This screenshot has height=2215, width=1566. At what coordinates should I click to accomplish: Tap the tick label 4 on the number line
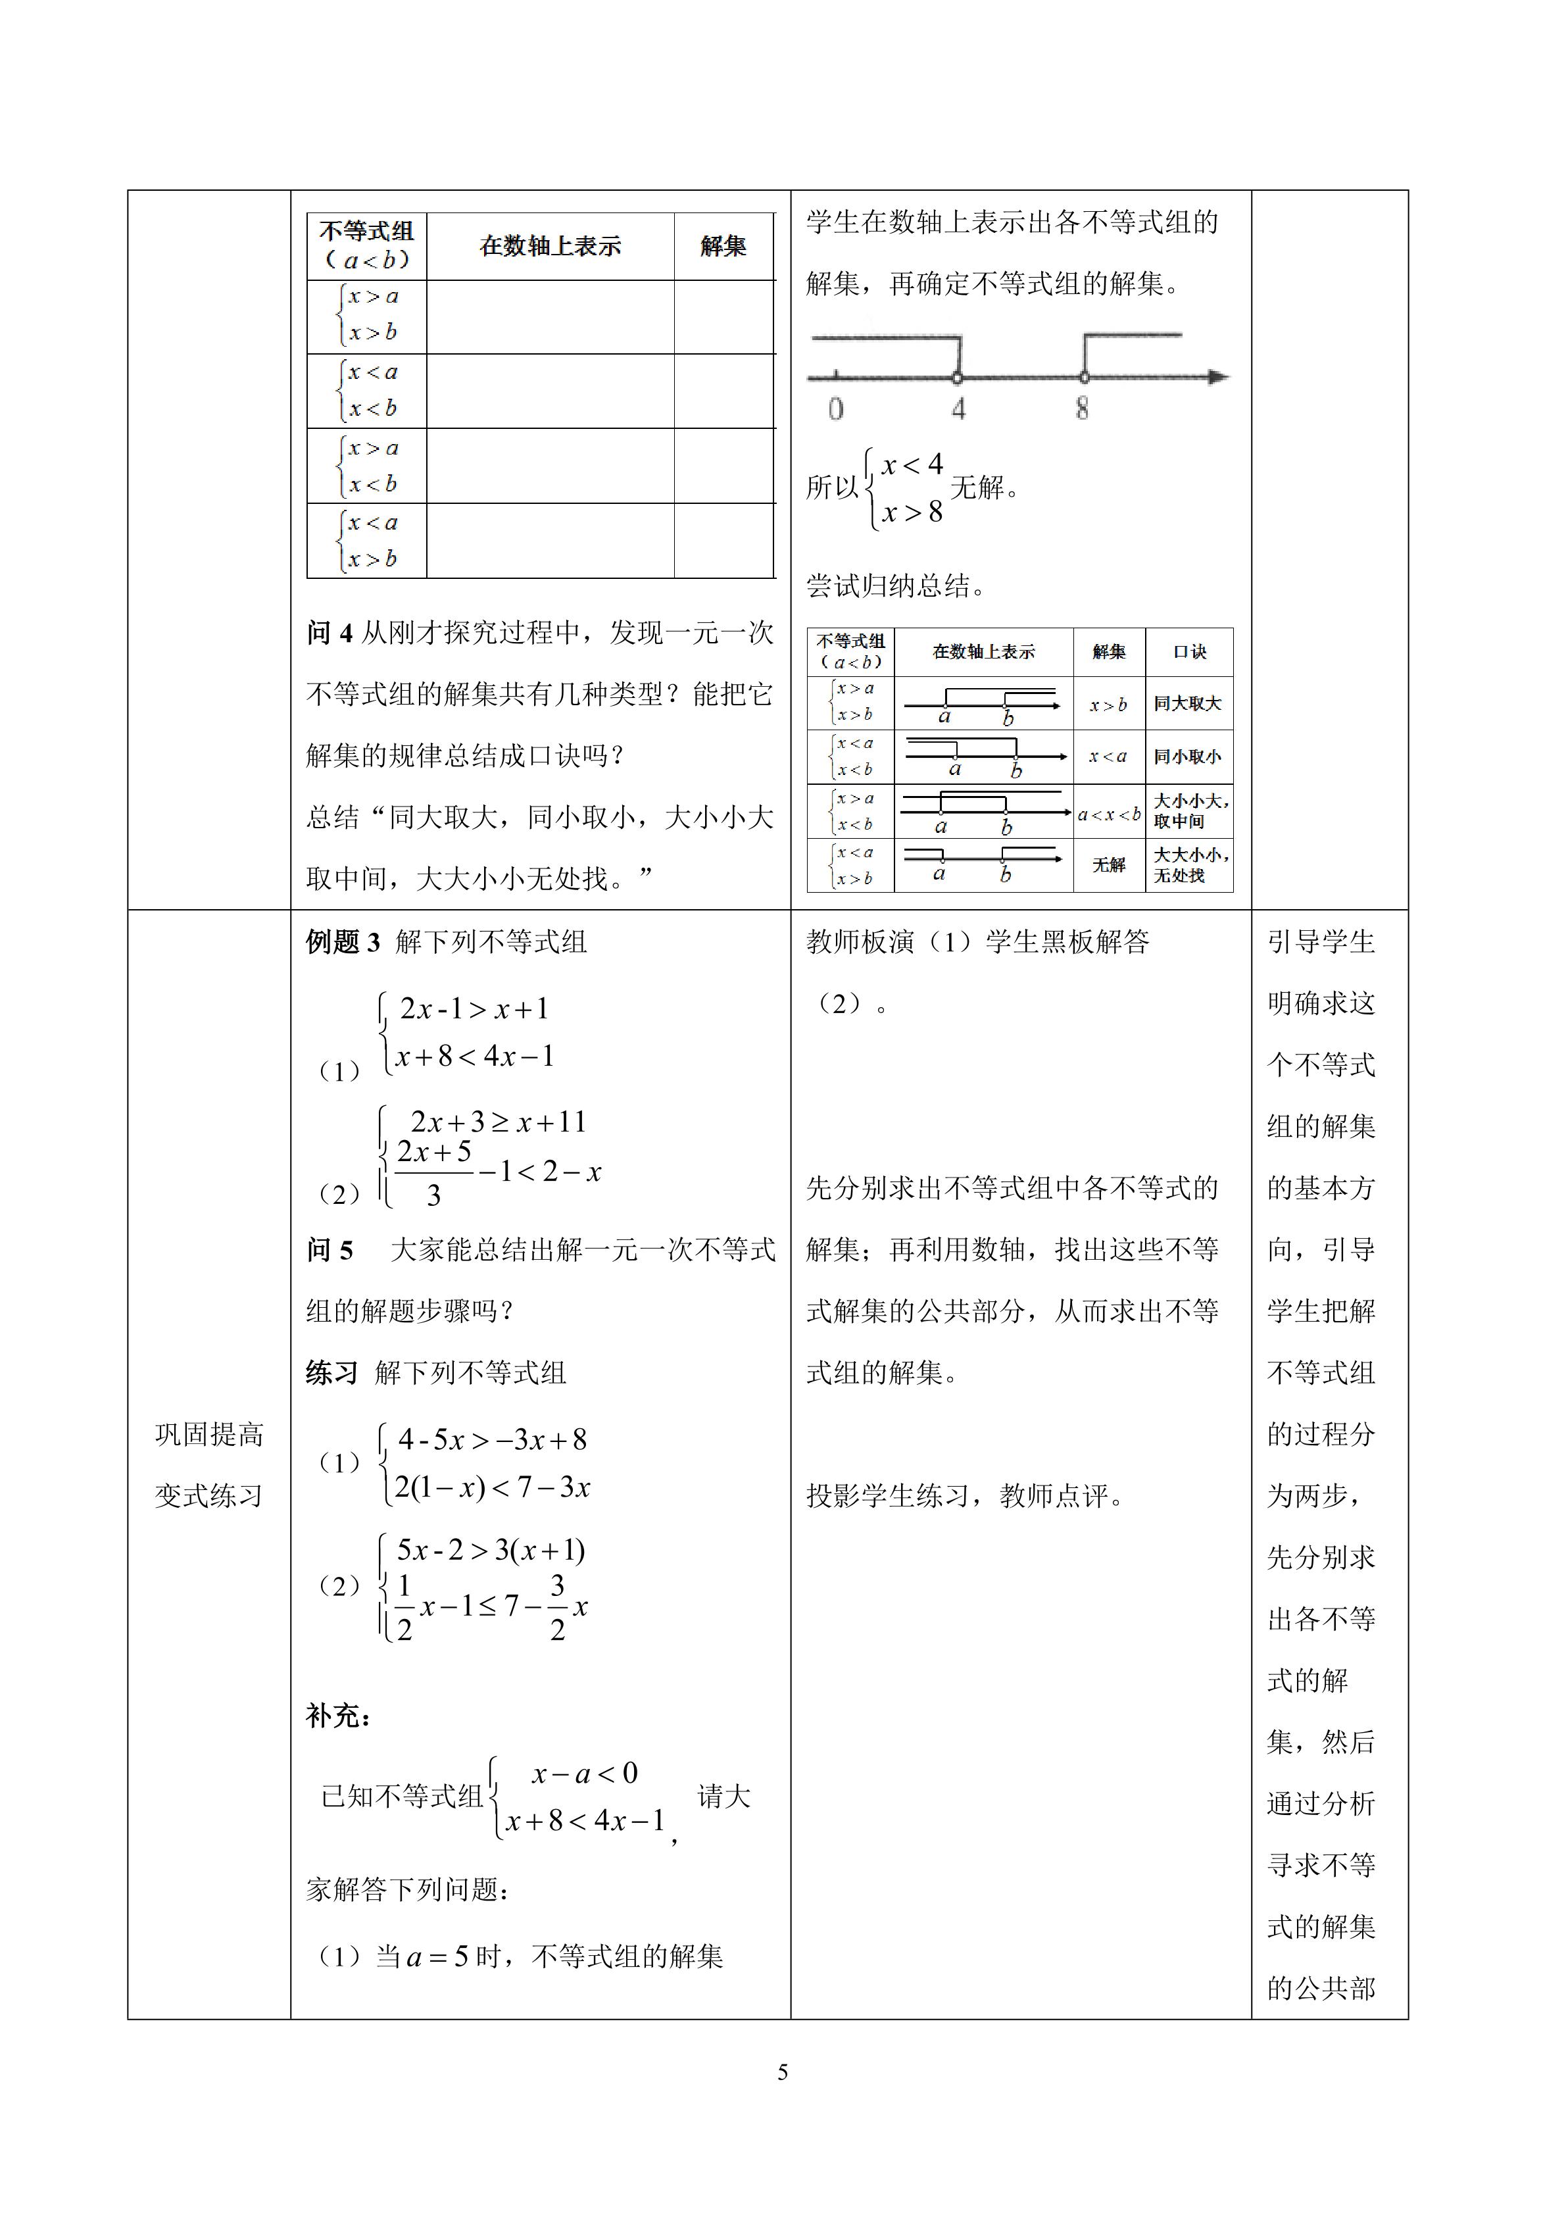[x=958, y=409]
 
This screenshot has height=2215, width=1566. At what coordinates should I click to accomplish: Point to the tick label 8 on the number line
[x=1082, y=409]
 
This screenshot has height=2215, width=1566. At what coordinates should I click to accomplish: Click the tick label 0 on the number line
[x=835, y=409]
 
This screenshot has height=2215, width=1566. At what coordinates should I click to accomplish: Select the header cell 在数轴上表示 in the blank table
[x=550, y=247]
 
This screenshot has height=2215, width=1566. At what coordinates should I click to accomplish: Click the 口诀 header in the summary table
[x=1189, y=652]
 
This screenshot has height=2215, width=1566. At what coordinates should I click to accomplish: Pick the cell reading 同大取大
[x=1187, y=703]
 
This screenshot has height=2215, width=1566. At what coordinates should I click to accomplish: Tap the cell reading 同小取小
[x=1187, y=757]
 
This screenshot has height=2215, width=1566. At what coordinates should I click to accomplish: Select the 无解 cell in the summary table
[x=1108, y=865]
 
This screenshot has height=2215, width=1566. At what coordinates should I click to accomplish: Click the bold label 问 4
[x=330, y=633]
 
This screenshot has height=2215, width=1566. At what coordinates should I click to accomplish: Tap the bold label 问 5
[x=330, y=1251]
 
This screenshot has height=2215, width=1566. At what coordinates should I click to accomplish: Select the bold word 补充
[x=337, y=1715]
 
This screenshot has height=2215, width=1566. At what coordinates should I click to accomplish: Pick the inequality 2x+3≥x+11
[x=498, y=1122]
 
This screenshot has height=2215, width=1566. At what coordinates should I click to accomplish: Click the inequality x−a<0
[x=584, y=1773]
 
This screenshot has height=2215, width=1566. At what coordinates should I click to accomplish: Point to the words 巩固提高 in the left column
[x=208, y=1435]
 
